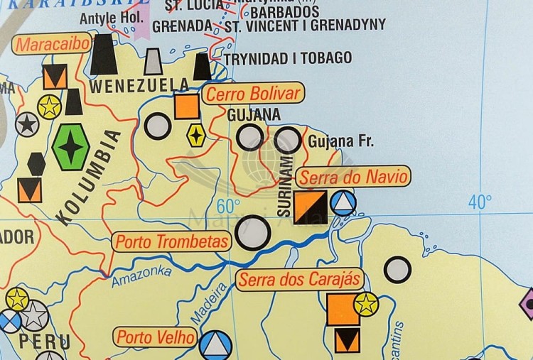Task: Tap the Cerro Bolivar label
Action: [253, 94]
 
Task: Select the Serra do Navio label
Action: [353, 176]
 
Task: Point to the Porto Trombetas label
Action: [173, 241]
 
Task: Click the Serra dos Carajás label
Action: [299, 279]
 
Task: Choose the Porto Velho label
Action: [156, 337]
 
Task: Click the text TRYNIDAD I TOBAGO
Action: [288, 58]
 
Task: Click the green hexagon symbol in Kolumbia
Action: [71, 147]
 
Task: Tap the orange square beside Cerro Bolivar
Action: [186, 106]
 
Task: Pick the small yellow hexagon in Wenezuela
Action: [196, 134]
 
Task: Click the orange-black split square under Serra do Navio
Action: [311, 207]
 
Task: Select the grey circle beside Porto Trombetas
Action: [253, 232]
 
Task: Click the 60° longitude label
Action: [229, 207]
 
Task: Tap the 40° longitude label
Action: [480, 202]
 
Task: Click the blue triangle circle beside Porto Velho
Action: [215, 344]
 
